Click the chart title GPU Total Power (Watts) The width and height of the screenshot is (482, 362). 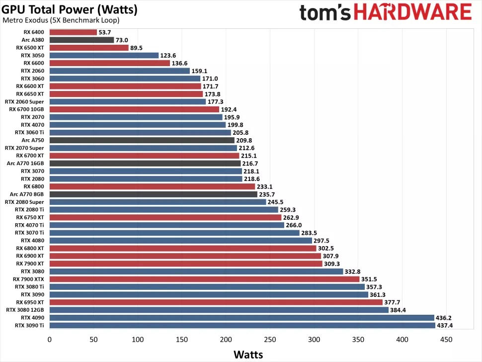[70, 9]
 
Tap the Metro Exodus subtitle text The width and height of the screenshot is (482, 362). [61, 20]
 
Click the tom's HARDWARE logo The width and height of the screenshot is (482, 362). [386, 11]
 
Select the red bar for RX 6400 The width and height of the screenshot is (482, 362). [73, 32]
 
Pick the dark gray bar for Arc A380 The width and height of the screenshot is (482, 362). [81, 40]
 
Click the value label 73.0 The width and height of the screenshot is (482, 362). [122, 40]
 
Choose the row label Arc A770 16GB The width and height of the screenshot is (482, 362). [26, 163]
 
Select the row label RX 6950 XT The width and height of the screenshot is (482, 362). [30, 302]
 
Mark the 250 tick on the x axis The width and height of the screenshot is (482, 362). [270, 340]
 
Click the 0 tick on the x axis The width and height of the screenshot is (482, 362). [49, 340]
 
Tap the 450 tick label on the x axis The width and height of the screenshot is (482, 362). [446, 340]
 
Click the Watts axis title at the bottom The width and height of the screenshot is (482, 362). [248, 355]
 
